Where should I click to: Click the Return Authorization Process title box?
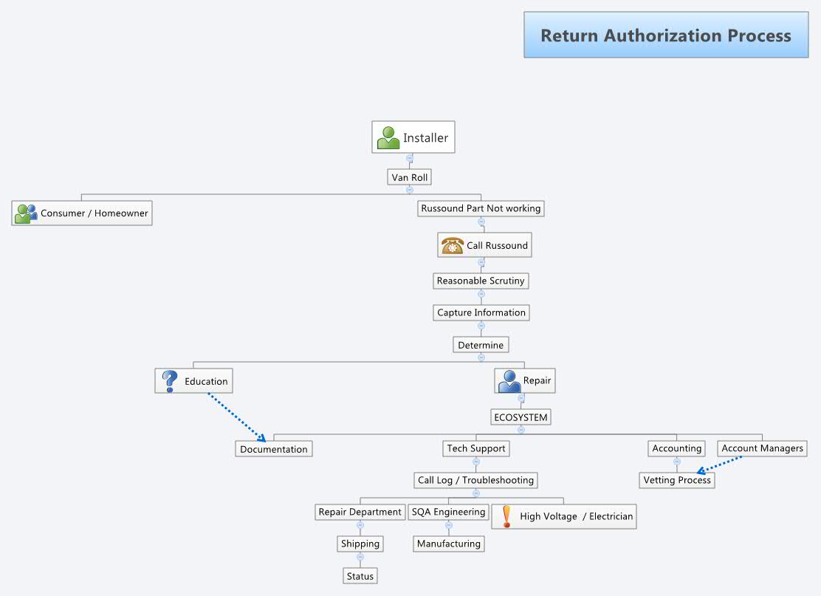[666, 35]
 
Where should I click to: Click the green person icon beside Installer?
[388, 137]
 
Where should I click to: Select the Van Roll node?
[410, 177]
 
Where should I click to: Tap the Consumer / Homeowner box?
[82, 213]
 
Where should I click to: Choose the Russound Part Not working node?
[481, 208]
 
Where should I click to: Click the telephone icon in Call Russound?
[452, 245]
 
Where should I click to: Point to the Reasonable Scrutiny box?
[481, 281]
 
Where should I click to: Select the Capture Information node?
[481, 312]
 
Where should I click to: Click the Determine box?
[481, 345]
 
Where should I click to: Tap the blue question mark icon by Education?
[170, 381]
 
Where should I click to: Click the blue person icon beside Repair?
[509, 381]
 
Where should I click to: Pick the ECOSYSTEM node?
[521, 417]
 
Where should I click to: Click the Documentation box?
[274, 449]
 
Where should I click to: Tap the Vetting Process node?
[677, 480]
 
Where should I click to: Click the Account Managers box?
[762, 448]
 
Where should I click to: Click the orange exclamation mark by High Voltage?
[506, 516]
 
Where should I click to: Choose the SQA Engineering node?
[448, 512]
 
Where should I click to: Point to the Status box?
[360, 576]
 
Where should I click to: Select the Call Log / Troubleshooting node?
[475, 480]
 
